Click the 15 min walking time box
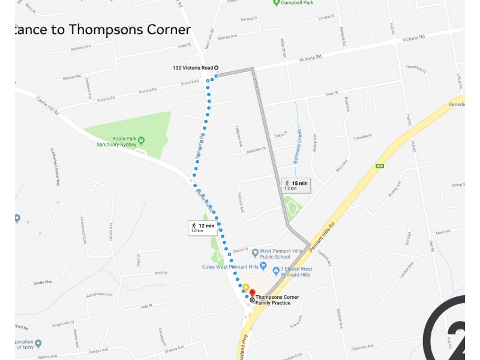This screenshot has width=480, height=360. point(296,185)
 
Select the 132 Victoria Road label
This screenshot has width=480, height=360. point(193,68)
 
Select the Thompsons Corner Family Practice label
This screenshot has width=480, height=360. point(277,300)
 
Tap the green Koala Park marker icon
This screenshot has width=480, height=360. point(141,141)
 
